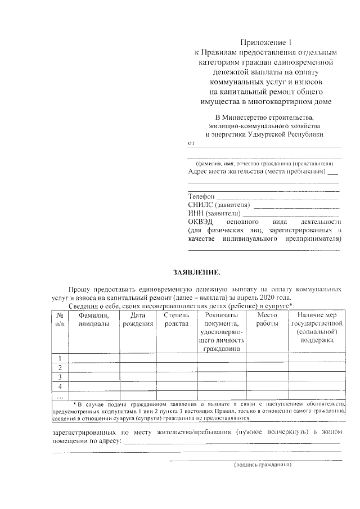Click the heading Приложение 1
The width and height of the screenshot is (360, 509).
pyautogui.click(x=264, y=42)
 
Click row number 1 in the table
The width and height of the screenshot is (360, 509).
pyautogui.click(x=60, y=358)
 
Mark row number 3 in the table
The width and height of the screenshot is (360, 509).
pyautogui.click(x=60, y=377)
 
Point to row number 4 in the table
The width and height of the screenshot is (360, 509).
pyautogui.click(x=60, y=386)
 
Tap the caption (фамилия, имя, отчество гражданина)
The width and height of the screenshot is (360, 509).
pyautogui.click(x=264, y=164)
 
